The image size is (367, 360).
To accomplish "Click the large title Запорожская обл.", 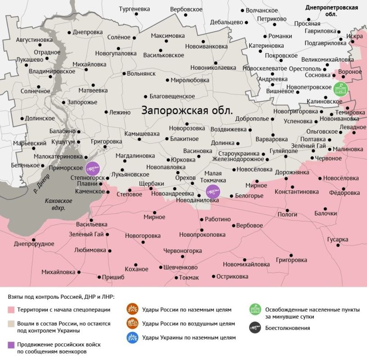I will (x=187, y=110).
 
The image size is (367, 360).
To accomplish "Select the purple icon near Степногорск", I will (x=93, y=169).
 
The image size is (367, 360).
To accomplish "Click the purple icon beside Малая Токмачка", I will (x=212, y=192).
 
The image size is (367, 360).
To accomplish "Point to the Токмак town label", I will (x=189, y=278).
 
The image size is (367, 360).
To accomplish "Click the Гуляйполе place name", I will (x=284, y=151).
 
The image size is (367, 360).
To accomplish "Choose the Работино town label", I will (x=217, y=219).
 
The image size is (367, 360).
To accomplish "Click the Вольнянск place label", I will (x=141, y=73).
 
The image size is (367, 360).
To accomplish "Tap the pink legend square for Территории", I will (x=11, y=310).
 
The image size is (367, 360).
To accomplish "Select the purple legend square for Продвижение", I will (x=11, y=344).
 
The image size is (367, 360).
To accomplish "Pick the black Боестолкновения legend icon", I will (x=255, y=328).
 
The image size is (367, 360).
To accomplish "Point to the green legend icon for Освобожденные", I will (x=255, y=310).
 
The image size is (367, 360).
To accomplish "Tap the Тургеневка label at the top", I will (x=134, y=9).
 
